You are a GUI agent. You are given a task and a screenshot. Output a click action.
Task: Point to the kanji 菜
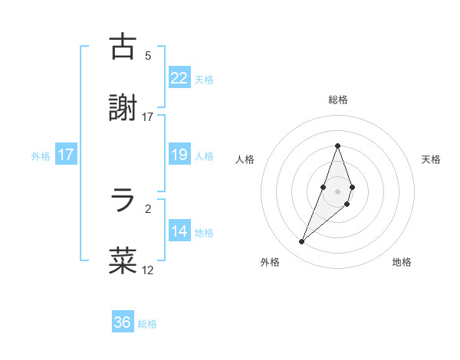point(123,260)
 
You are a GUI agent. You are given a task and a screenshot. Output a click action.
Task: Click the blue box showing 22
point(179,78)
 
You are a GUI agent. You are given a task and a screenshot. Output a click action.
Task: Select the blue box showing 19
point(179,155)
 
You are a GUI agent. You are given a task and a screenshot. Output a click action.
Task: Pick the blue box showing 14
point(179,231)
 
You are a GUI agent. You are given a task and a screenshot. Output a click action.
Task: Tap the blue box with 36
point(122,322)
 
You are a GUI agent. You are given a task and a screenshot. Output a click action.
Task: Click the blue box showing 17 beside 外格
point(66,155)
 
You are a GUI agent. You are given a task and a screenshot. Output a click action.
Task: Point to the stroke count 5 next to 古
point(148,56)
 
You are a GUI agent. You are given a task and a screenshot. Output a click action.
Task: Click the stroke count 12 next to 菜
point(148,270)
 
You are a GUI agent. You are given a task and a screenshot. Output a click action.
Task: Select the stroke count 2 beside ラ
point(148,208)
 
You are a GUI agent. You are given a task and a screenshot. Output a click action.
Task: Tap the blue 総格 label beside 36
point(147,324)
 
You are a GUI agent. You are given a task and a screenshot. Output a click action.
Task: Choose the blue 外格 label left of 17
point(41,156)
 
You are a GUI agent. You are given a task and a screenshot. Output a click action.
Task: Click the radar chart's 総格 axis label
point(337,100)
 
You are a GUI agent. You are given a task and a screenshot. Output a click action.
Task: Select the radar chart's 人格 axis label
point(245,159)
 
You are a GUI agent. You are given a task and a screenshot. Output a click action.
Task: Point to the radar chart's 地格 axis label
point(402,262)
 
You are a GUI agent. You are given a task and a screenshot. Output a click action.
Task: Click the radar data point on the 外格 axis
point(301,242)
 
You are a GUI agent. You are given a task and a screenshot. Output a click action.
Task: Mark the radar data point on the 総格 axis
point(337,146)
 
